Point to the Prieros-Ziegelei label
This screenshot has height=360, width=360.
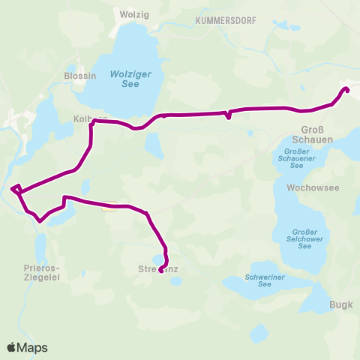(42, 271)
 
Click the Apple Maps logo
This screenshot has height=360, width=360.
(28, 347)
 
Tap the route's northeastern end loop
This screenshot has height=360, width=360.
(346, 90)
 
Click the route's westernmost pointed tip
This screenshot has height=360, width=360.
(14, 187)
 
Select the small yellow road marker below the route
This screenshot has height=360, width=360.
(109, 209)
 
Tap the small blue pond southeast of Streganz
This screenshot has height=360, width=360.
(175, 281)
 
